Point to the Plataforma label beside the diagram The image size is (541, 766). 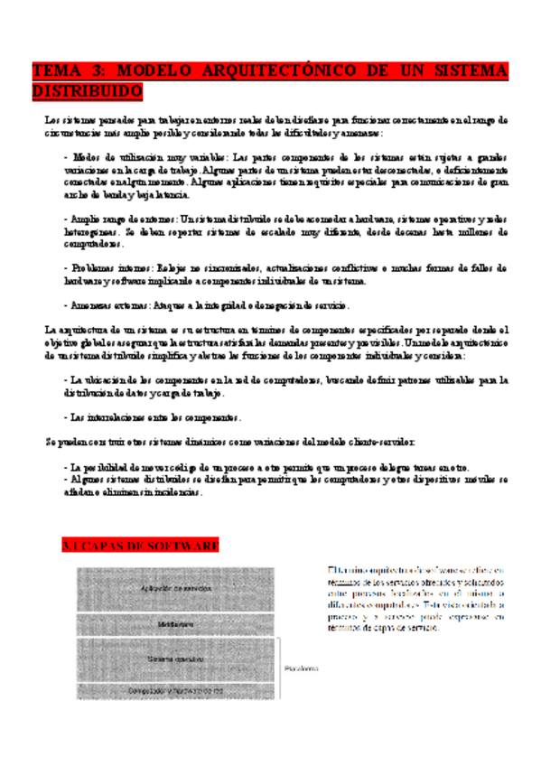[x=301, y=669]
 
